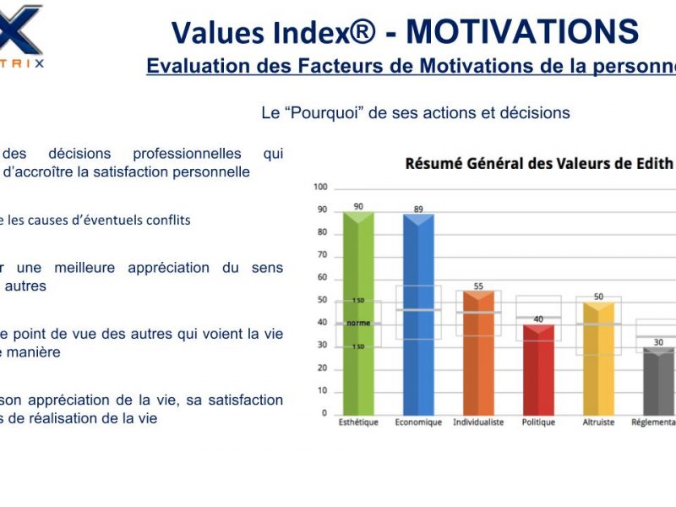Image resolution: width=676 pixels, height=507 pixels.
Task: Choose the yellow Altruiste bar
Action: tap(598, 358)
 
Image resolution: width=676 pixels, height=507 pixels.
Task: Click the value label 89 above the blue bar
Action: tap(418, 209)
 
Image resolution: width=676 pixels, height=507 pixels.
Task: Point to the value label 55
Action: tap(478, 286)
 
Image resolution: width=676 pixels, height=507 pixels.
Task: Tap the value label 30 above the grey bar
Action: tap(658, 342)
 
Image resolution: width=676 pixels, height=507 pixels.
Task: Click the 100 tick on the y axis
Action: tap(320, 187)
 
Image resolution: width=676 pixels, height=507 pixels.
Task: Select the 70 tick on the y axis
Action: tap(322, 254)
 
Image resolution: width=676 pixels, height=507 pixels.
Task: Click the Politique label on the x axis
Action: tap(538, 422)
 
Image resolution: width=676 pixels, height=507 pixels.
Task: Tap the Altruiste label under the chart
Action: tap(598, 422)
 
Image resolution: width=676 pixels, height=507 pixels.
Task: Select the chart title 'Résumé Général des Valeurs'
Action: tap(524, 163)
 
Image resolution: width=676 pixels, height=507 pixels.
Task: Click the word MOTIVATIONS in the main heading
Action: tap(522, 32)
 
